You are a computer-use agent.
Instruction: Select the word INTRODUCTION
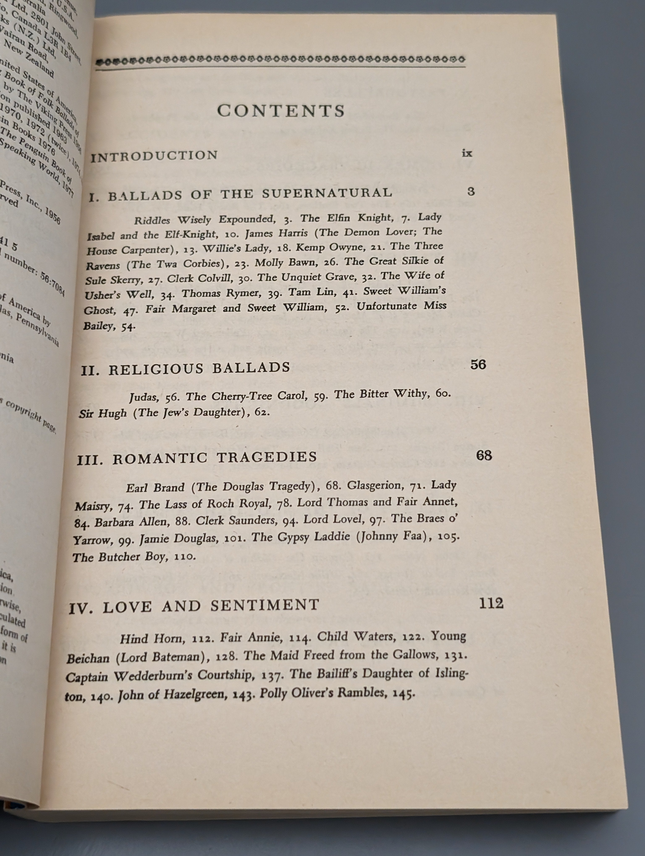[x=154, y=156]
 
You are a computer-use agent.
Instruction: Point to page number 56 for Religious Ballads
[x=478, y=365]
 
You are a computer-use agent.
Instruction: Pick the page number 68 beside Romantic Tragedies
[x=484, y=455]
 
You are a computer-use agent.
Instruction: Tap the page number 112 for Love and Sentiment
[x=491, y=603]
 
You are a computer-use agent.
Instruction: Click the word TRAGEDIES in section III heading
[x=266, y=457]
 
